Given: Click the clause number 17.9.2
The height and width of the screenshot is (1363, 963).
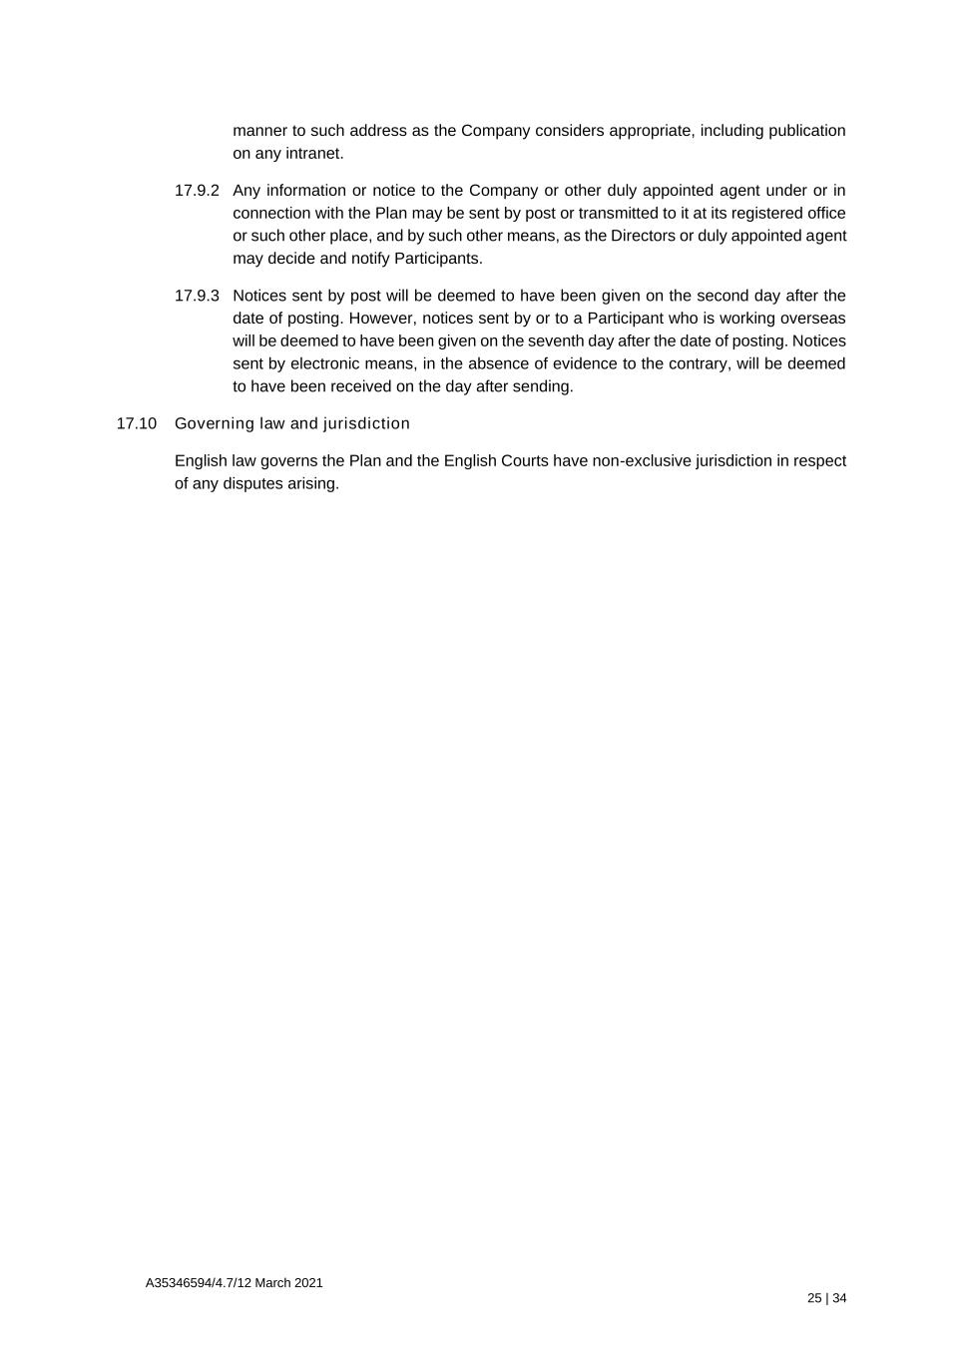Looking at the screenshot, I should click(197, 191).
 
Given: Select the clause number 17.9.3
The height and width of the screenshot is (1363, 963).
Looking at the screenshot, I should click(197, 296).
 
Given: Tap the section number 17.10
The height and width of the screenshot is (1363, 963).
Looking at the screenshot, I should click(137, 423).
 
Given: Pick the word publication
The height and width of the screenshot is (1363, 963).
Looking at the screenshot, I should click(806, 131).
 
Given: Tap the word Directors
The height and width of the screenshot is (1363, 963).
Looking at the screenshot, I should click(643, 237).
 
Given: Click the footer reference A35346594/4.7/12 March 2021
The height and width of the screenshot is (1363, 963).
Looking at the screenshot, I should click(234, 1283).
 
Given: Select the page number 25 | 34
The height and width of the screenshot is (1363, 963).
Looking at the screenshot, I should click(827, 1299).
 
